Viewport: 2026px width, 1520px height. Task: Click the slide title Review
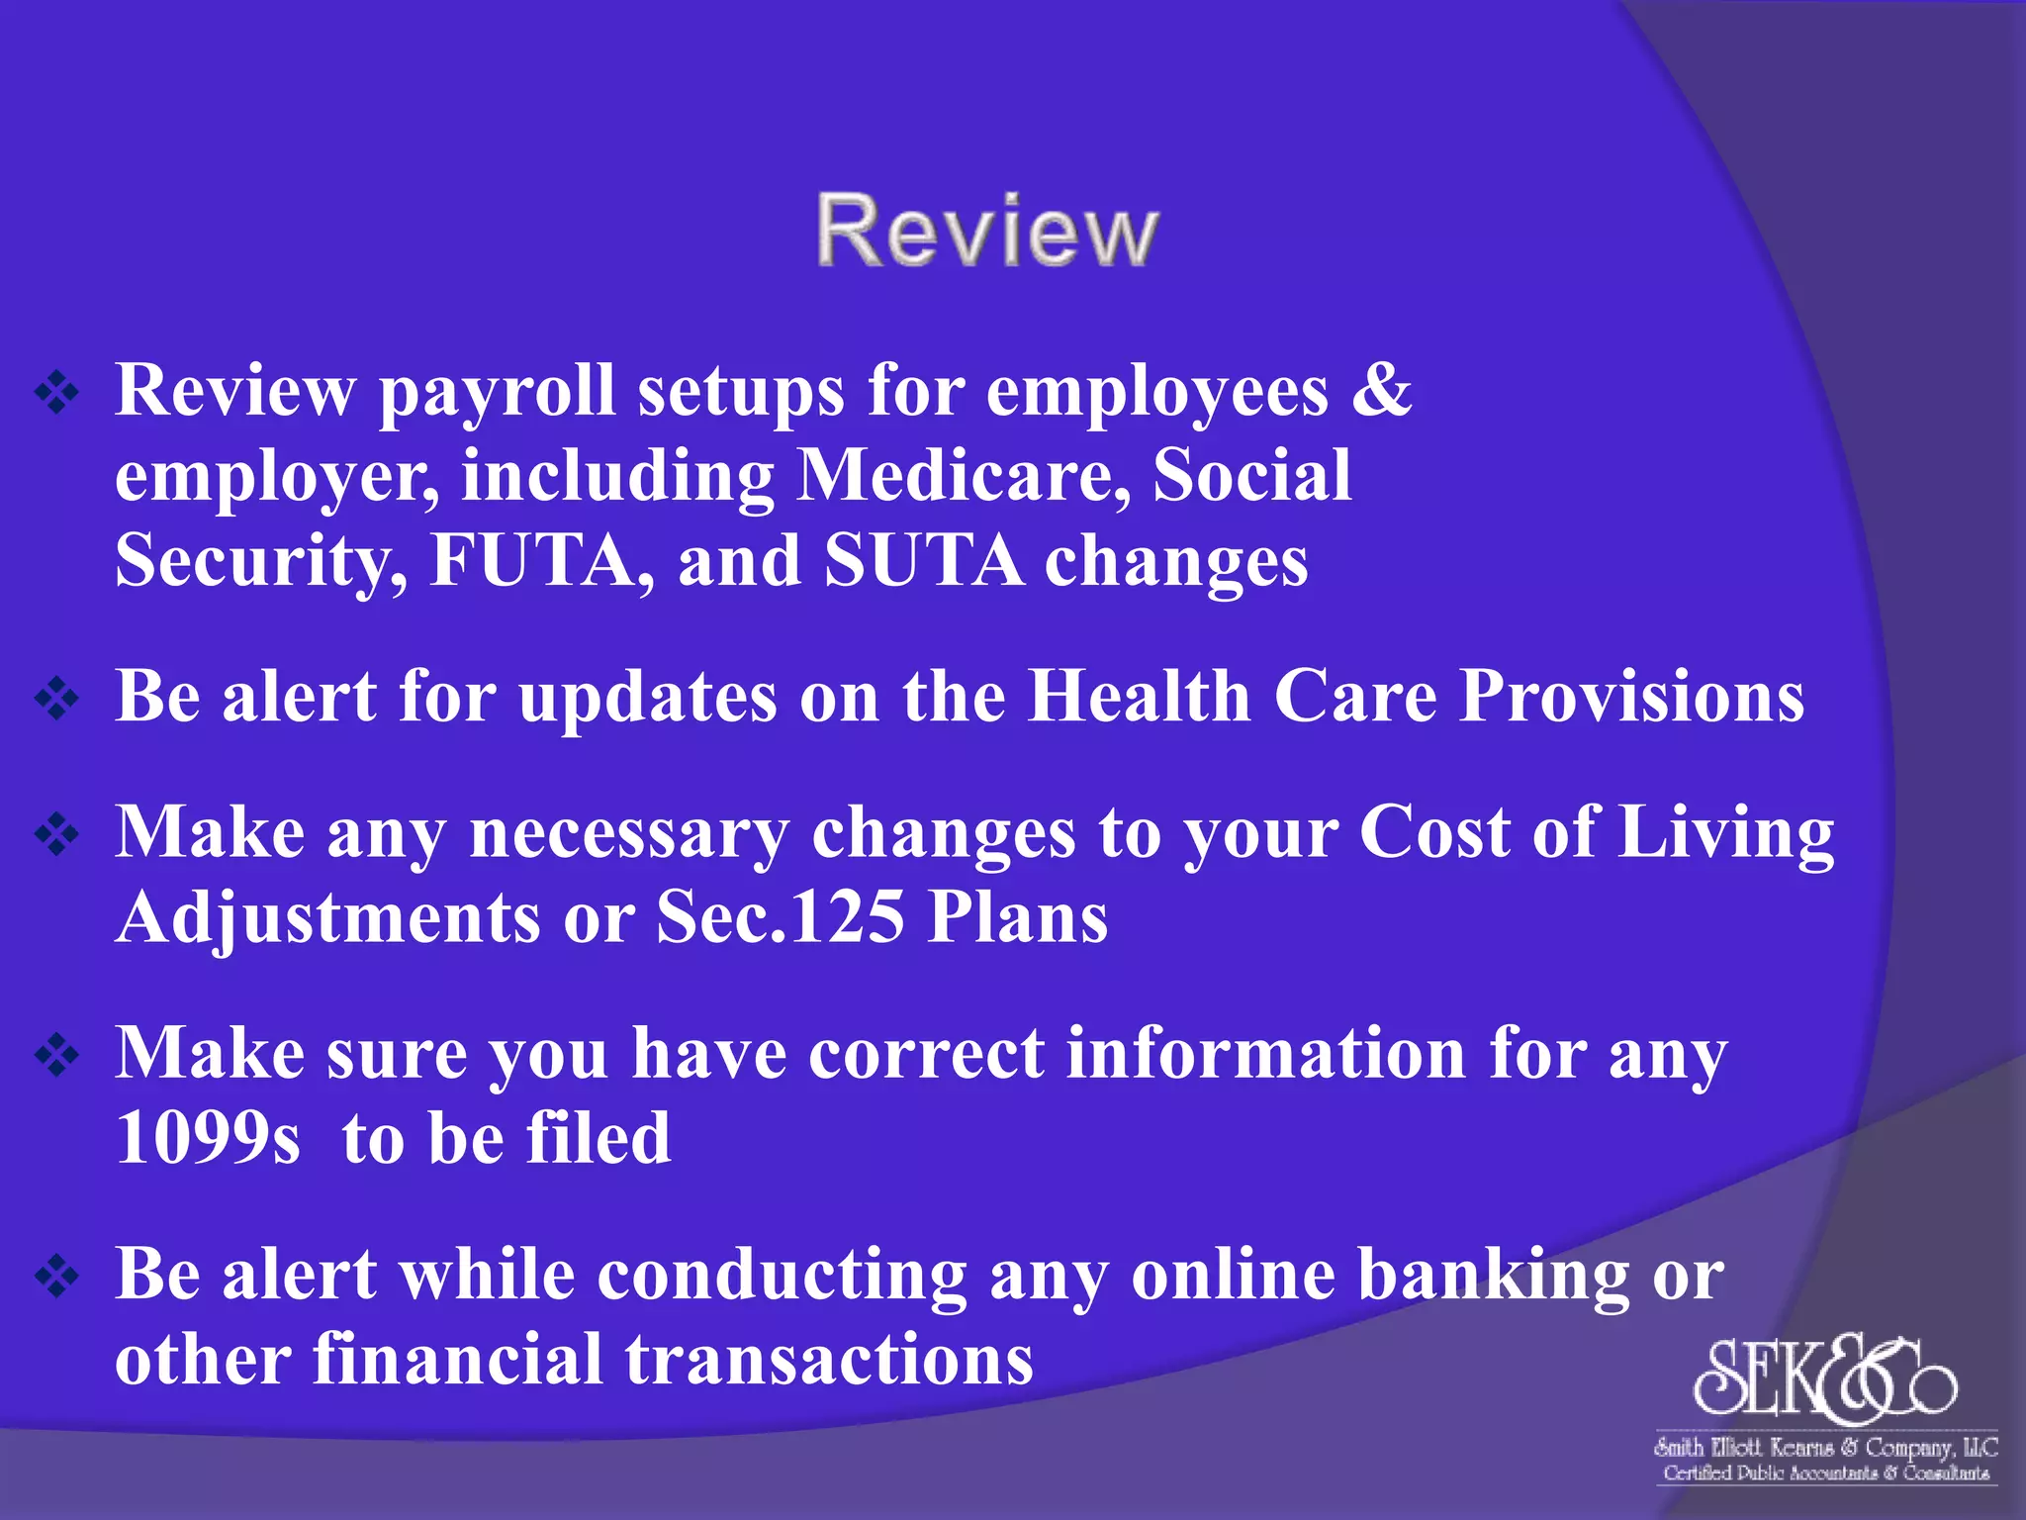pyautogui.click(x=986, y=231)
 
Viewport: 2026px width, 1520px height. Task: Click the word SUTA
pyautogui.click(x=923, y=561)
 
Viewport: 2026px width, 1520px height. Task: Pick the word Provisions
pyautogui.click(x=1632, y=696)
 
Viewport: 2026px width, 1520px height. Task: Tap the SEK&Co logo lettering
pyautogui.click(x=1824, y=1377)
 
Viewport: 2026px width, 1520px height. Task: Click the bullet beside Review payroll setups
pyautogui.click(x=57, y=394)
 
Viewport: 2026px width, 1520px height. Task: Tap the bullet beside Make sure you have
pyautogui.click(x=57, y=1056)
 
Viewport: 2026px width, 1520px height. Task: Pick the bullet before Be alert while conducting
pyautogui.click(x=57, y=1277)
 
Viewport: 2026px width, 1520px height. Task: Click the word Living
pyautogui.click(x=1726, y=832)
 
